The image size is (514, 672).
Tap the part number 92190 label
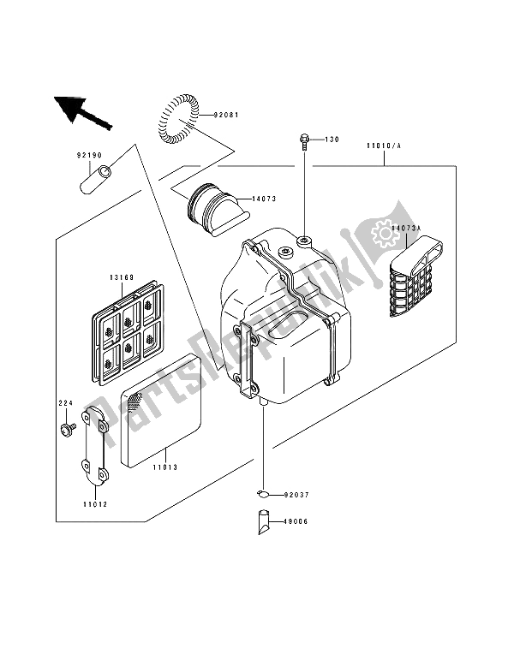coord(89,156)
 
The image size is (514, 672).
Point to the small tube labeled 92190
coord(97,181)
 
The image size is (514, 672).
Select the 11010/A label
coord(385,147)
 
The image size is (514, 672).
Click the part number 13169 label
coord(122,277)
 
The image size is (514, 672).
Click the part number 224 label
coord(64,402)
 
